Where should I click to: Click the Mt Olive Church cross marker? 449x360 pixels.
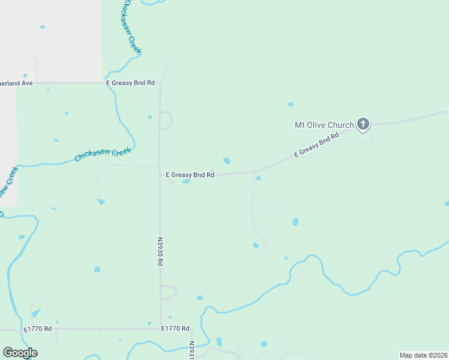point(363,124)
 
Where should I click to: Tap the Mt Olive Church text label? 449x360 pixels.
point(324,125)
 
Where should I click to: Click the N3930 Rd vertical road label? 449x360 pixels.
point(160,251)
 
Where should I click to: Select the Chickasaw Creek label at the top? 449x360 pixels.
point(131,27)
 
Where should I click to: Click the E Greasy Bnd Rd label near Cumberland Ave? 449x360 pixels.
point(130,83)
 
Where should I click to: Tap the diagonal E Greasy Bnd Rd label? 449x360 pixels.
point(316,145)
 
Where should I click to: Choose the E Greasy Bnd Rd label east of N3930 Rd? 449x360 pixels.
point(190,175)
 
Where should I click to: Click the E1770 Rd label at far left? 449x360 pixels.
point(38,329)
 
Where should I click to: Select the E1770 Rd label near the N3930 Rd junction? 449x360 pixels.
point(175,329)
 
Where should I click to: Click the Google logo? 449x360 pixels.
point(20,353)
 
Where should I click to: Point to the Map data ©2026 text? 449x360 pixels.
point(423,355)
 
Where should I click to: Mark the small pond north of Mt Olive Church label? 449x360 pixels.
point(291,104)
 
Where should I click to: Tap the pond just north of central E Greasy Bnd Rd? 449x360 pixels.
point(226,161)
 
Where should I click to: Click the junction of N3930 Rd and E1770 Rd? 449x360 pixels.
point(160,328)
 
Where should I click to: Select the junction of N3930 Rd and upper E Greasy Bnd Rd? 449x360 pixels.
point(160,83)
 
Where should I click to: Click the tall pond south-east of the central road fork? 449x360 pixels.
point(295,222)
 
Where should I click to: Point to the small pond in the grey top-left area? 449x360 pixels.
point(42,27)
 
